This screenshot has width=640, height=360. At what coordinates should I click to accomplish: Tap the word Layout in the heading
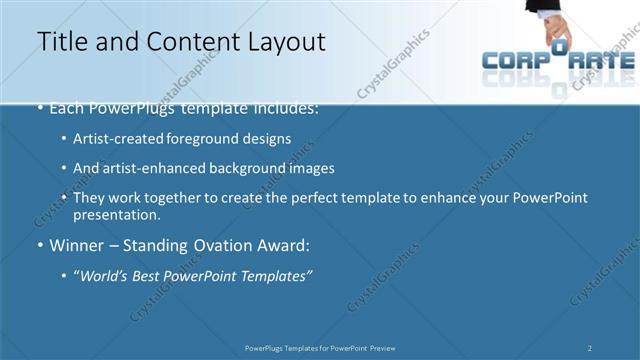click(x=283, y=41)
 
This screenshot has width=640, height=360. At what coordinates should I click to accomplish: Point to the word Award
click(x=285, y=245)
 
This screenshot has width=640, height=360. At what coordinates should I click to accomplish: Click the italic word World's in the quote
click(x=105, y=274)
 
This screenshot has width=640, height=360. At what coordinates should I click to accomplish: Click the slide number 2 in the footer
click(x=590, y=348)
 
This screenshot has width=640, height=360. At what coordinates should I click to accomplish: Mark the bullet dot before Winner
click(x=40, y=246)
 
